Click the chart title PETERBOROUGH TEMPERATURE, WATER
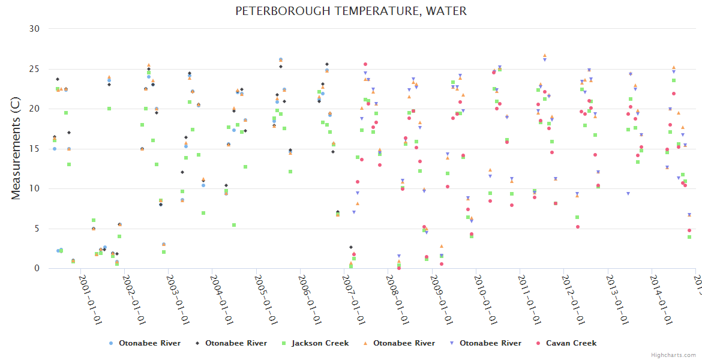point(351,11)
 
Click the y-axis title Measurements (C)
point(16,149)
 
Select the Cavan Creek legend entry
point(571,343)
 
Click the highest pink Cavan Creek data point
point(365,64)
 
